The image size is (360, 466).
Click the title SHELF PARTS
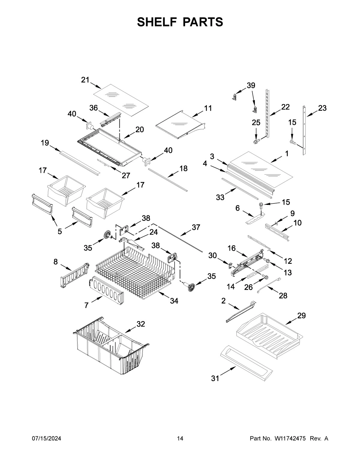coord(180,22)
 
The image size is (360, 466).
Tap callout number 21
coord(85,80)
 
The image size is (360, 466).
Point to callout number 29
coord(301,315)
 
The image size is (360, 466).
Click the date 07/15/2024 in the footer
coord(46,438)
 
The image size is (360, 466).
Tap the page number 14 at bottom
coord(180,438)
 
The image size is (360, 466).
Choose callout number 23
coord(322,108)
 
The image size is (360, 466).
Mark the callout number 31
coord(215,378)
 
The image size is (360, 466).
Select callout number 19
coord(45,143)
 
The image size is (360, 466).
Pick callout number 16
coord(231,248)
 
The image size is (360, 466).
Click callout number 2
coord(223,301)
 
